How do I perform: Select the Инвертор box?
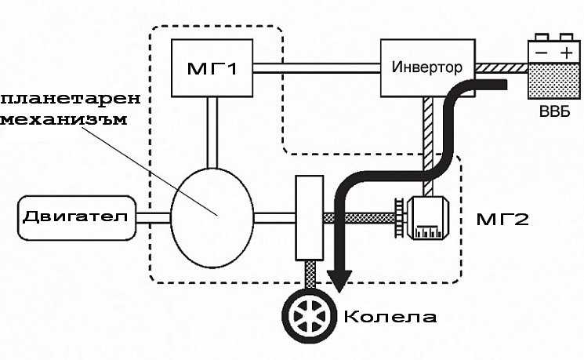pyautogui.click(x=426, y=65)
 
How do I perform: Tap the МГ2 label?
pyautogui.click(x=502, y=217)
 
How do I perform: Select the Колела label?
pyautogui.click(x=389, y=318)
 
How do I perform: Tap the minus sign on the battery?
pyautogui.click(x=539, y=51)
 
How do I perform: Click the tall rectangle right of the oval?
pyautogui.click(x=310, y=216)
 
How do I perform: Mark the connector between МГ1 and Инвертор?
pyautogui.click(x=317, y=70)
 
